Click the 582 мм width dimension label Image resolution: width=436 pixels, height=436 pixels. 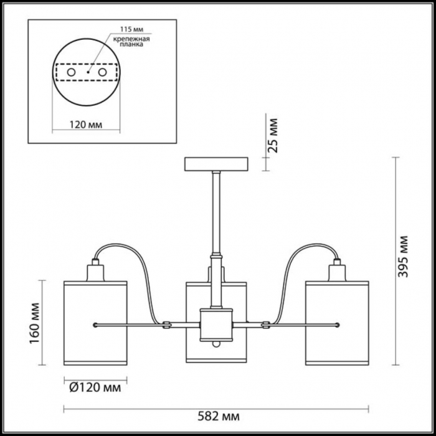[x=218, y=415]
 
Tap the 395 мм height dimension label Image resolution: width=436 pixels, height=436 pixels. [x=405, y=256]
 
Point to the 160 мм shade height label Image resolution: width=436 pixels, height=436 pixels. [x=35, y=322]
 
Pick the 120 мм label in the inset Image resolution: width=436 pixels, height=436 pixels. [x=85, y=125]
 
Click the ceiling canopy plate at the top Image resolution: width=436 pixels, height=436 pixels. [x=216, y=164]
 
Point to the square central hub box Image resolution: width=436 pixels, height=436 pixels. [x=216, y=324]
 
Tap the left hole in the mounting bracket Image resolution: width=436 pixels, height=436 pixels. [x=71, y=73]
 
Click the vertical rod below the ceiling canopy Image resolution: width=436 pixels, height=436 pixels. [x=216, y=212]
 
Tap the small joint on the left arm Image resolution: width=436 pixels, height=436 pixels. [x=166, y=323]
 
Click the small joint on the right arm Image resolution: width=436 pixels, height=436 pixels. [x=265, y=323]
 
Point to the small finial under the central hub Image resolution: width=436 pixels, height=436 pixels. [x=216, y=344]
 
